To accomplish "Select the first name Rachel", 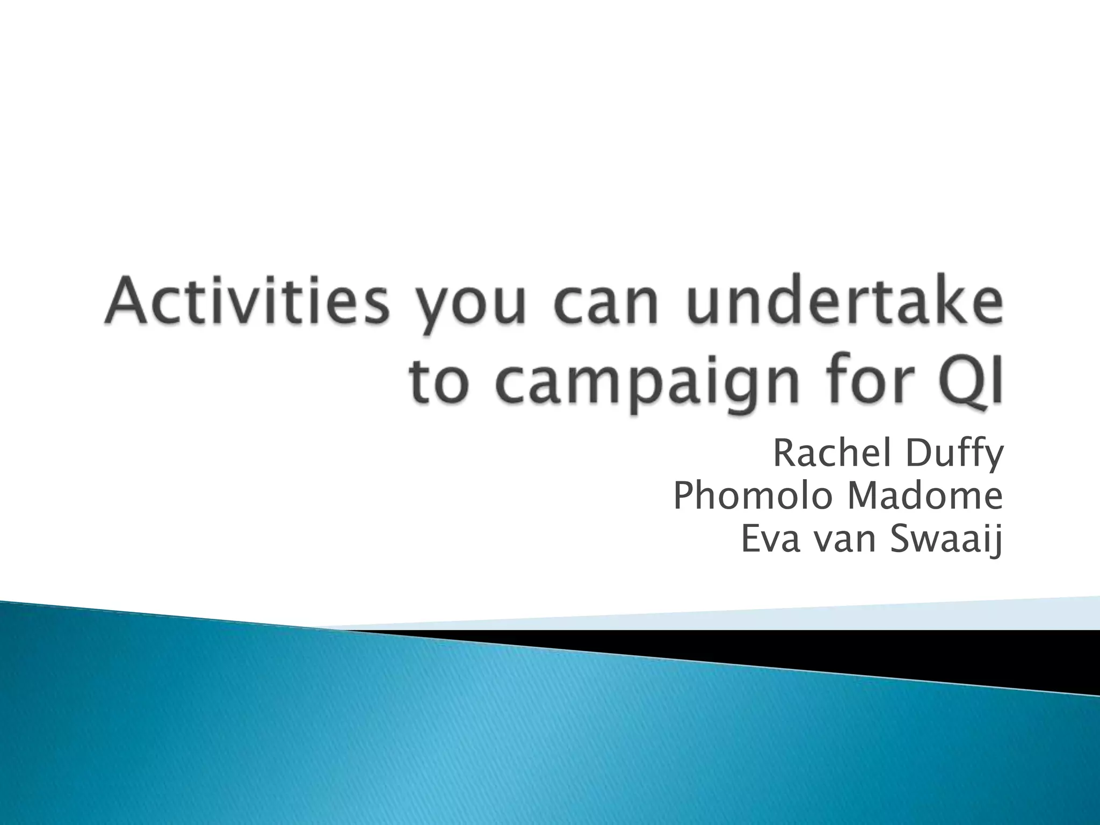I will point(833,454).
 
